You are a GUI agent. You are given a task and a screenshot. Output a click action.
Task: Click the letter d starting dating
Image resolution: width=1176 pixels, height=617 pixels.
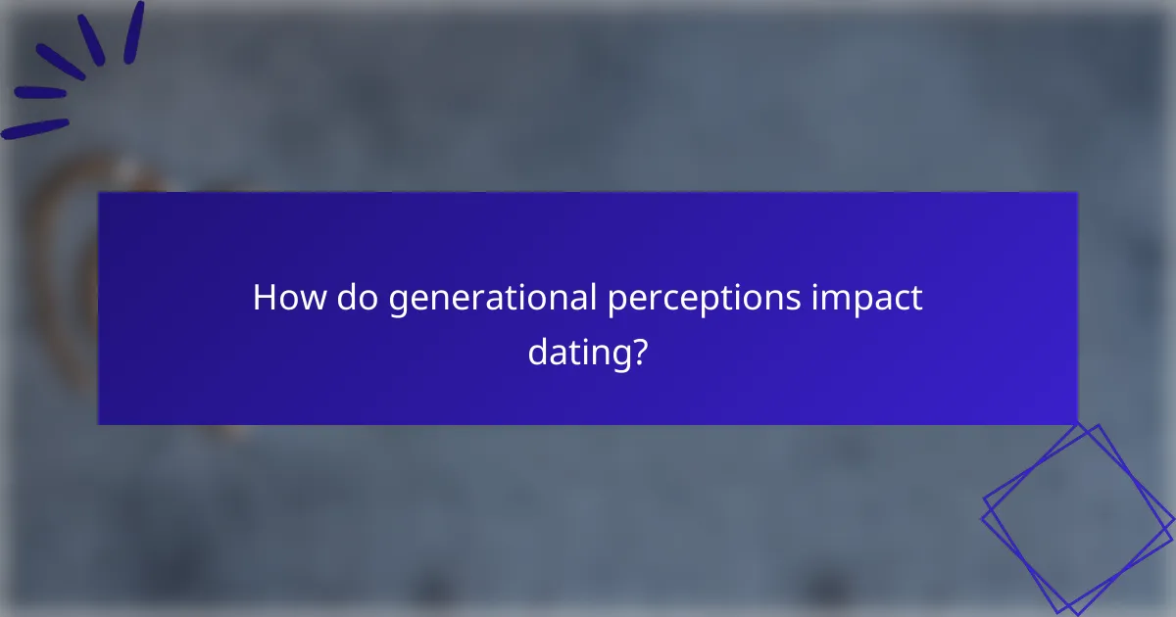click(x=538, y=350)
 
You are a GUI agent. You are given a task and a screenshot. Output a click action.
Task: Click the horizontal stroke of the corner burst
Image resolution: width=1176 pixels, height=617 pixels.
click(x=35, y=129)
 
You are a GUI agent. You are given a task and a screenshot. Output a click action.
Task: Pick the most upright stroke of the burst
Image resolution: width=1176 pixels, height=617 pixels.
click(x=134, y=31)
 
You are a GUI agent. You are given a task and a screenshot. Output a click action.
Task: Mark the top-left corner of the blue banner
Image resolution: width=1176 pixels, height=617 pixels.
click(x=100, y=194)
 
